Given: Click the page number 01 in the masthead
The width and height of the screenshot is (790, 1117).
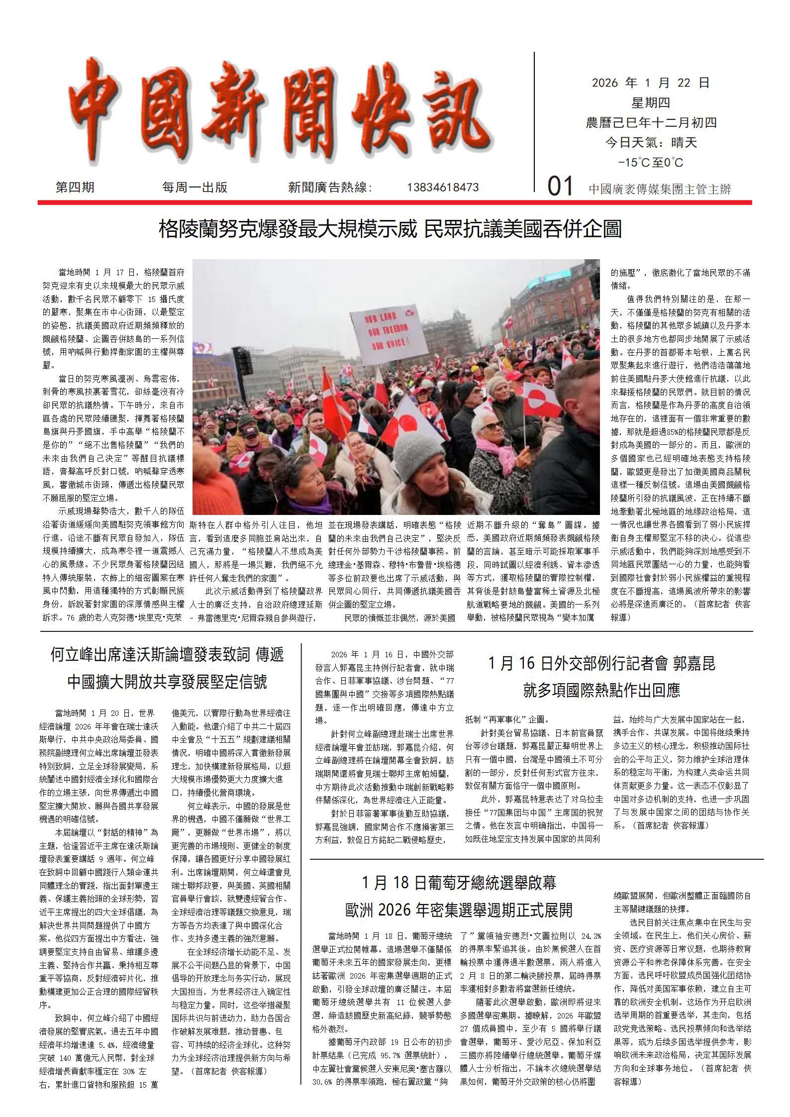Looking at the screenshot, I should click(560, 188).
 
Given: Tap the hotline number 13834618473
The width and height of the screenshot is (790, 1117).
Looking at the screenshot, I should click(443, 188).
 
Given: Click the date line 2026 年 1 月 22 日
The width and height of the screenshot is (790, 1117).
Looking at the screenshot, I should click(650, 83).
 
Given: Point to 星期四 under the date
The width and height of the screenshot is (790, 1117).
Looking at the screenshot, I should click(650, 103).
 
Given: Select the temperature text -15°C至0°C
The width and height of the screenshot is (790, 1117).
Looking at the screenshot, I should click(650, 163).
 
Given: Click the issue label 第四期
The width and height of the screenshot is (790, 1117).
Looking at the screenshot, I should click(75, 188).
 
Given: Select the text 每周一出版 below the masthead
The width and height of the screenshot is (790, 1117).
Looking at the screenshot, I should click(195, 188).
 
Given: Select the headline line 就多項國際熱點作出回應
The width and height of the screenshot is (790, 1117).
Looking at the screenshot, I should click(601, 690).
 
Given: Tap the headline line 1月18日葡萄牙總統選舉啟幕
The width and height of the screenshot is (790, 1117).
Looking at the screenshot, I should click(459, 883).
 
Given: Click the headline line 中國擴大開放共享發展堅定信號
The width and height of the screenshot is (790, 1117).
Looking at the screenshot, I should click(167, 681).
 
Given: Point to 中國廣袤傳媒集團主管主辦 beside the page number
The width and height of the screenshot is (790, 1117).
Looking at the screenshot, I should click(660, 189).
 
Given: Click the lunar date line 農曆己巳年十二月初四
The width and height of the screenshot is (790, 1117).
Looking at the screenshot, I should click(650, 123).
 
